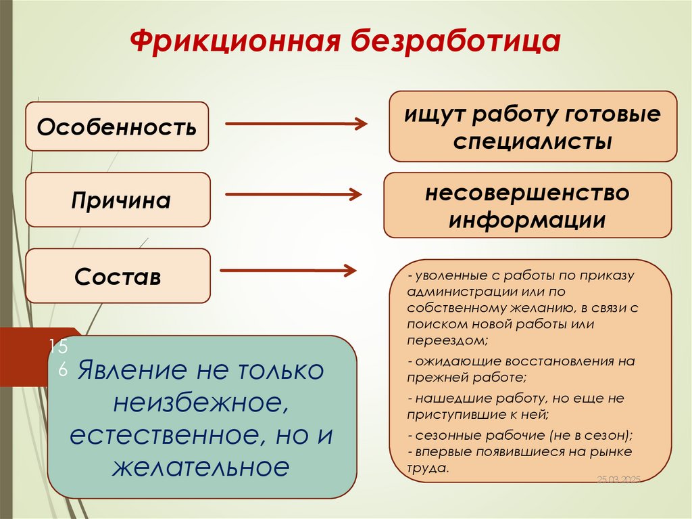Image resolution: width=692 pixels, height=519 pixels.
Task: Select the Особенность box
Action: point(117,126)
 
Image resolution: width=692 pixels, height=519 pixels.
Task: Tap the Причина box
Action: point(118,200)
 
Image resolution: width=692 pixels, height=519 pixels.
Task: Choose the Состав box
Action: point(118,276)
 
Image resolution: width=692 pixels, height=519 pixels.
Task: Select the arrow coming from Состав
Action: point(289,271)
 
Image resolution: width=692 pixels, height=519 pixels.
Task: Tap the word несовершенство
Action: point(527,193)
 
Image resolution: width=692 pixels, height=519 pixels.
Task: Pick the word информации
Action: point(527,221)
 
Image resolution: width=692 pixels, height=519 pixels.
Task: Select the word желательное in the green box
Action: point(201,467)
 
